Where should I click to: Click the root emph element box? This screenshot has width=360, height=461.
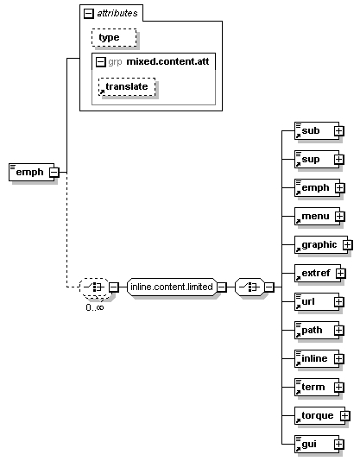point(31,172)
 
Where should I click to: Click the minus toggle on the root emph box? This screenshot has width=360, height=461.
point(54,173)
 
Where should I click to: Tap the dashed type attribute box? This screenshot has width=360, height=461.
point(114,37)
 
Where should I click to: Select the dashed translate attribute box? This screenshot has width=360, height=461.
point(127,86)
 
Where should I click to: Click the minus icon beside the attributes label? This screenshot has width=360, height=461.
point(89,14)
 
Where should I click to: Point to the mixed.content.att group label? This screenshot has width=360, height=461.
point(167,62)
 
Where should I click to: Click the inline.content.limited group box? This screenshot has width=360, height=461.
point(172,287)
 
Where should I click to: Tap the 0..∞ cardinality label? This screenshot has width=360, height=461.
point(95,307)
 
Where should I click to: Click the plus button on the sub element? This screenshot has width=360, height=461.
point(338,131)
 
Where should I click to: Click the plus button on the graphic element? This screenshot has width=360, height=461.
point(348,244)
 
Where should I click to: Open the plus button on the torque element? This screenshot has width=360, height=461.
point(345,416)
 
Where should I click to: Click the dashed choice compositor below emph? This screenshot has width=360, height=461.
point(94,287)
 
